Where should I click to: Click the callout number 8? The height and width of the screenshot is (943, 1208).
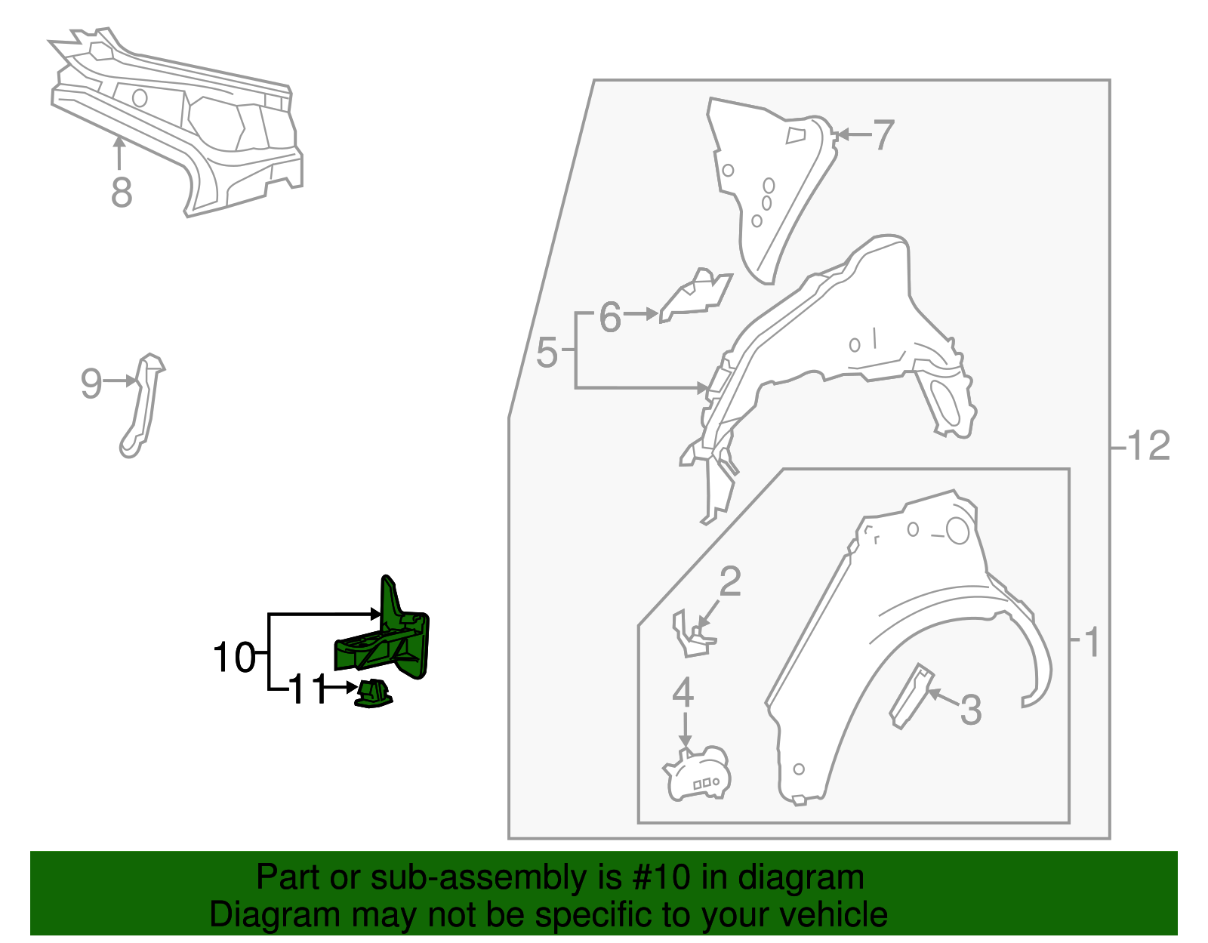click(122, 193)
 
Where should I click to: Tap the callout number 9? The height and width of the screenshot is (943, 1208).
click(91, 384)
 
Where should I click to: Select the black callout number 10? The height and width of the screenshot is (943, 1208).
click(234, 658)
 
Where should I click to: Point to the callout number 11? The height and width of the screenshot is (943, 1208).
click(307, 689)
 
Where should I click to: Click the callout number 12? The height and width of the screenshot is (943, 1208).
click(1148, 445)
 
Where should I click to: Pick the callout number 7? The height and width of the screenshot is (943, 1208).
click(883, 135)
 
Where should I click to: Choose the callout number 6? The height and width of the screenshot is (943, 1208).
click(610, 317)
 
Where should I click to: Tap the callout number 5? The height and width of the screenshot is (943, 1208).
click(547, 353)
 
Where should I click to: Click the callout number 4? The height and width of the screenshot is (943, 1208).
click(683, 692)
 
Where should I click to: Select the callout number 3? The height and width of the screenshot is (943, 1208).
click(971, 710)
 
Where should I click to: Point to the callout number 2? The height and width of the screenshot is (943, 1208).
click(731, 581)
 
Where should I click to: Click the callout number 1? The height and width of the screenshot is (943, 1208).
click(1092, 643)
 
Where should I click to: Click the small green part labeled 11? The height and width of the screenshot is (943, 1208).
click(374, 694)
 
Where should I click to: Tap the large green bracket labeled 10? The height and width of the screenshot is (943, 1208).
click(389, 639)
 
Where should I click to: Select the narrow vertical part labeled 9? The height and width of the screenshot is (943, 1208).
click(142, 405)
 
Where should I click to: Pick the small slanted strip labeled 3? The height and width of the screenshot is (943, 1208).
click(911, 696)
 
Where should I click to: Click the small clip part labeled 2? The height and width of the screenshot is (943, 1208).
click(692, 634)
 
